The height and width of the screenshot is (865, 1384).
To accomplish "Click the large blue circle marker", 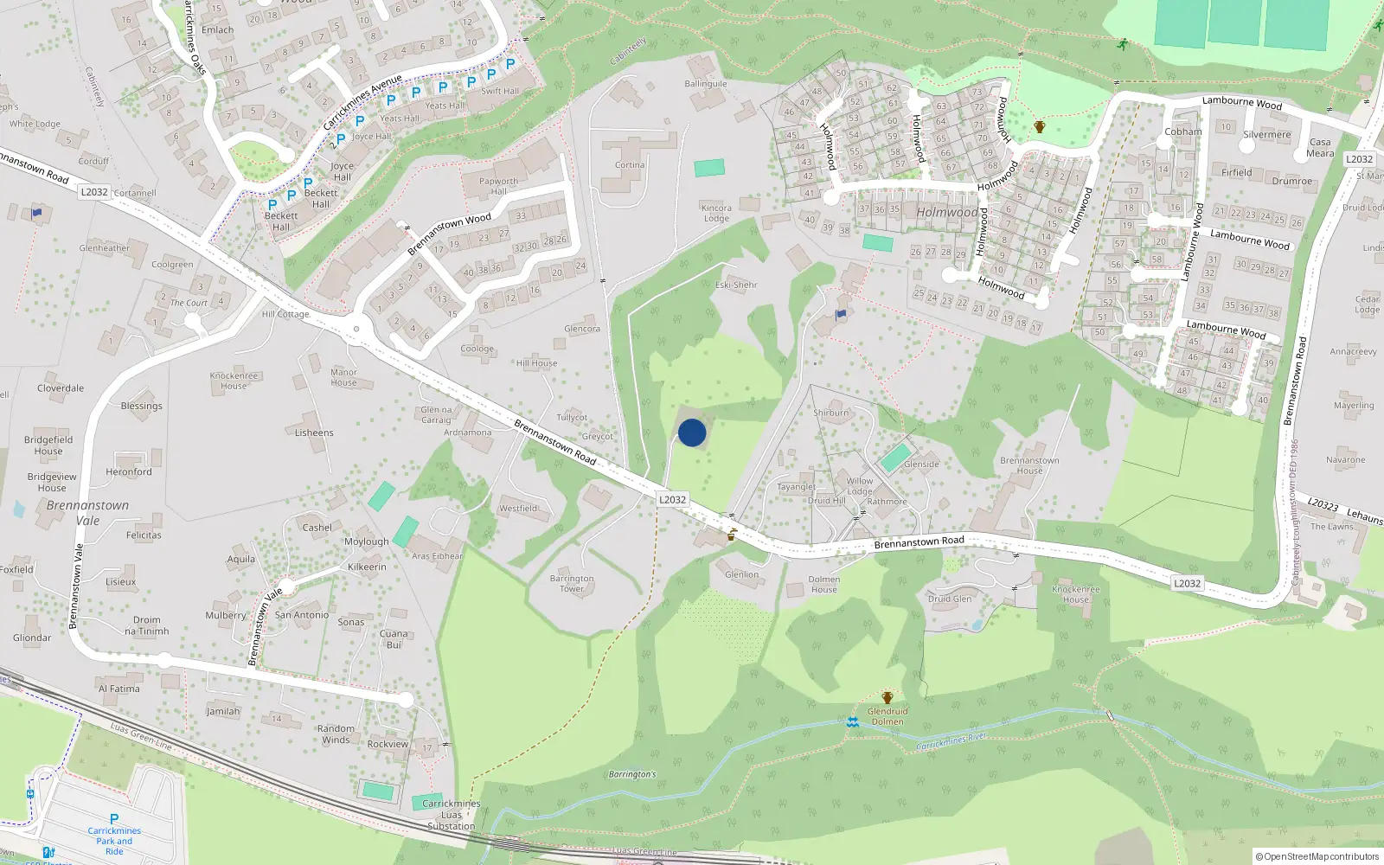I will point(692,432).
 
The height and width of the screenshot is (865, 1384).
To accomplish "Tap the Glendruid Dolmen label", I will point(887,716).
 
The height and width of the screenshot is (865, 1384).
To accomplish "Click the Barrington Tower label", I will point(572,584).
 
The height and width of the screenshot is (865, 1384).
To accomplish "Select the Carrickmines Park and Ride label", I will point(114,840).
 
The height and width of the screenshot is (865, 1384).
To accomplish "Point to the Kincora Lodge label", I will point(716,213).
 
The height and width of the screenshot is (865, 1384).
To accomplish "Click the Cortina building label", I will point(630,165).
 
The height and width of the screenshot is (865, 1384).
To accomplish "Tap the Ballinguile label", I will point(706,84).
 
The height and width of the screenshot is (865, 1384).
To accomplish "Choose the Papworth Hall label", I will point(498,186).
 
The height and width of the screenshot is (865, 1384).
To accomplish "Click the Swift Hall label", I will point(500,91).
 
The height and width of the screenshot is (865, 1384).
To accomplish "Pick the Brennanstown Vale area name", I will point(87,512).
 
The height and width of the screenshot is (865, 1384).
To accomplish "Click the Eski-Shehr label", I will point(736,285).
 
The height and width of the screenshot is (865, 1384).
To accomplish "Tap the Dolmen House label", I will point(824,585).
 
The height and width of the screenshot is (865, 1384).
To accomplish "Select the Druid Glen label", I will point(950,599).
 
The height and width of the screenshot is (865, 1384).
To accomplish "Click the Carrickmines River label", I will point(951,741).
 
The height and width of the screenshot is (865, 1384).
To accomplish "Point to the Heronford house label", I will point(129,471).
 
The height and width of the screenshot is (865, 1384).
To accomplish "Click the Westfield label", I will point(518,509).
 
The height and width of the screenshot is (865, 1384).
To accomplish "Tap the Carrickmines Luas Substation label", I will point(452,815).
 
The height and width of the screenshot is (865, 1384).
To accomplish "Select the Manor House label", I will point(343,377).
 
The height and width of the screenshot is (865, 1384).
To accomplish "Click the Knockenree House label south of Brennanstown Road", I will point(1076,594).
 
